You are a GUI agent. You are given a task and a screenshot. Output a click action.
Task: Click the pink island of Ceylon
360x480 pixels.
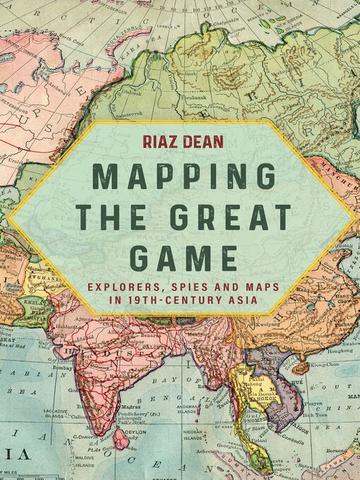coord(121,442)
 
